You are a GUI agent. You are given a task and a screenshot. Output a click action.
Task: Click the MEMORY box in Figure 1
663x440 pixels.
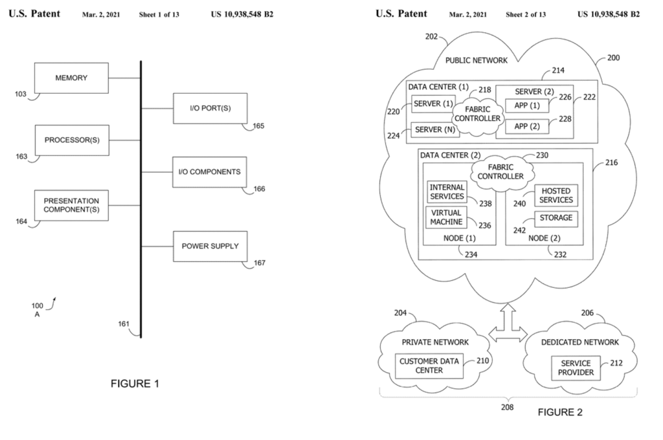click(x=71, y=78)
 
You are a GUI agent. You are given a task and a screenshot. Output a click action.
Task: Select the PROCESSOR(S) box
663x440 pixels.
click(x=71, y=140)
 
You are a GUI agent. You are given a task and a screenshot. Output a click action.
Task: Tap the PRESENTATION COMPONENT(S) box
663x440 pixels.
click(x=71, y=206)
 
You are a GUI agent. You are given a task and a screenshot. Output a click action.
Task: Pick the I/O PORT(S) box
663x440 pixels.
click(x=210, y=108)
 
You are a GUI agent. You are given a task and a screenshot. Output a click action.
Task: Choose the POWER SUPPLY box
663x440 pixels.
click(x=210, y=246)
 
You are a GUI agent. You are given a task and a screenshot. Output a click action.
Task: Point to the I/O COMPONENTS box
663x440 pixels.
click(x=210, y=172)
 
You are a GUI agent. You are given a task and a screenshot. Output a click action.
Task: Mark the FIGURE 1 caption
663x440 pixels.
click(x=135, y=384)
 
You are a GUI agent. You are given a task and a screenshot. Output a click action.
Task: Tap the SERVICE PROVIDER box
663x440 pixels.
click(x=576, y=368)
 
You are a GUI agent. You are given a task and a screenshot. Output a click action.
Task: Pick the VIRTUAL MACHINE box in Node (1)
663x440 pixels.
click(x=445, y=217)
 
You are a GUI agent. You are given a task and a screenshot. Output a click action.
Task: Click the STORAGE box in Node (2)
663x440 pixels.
click(x=556, y=218)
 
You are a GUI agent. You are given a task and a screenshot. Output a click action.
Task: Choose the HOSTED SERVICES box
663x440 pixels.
click(x=556, y=196)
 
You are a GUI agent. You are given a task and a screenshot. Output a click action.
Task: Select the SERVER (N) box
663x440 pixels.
click(x=435, y=130)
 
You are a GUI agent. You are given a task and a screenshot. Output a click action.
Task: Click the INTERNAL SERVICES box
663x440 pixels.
click(x=447, y=192)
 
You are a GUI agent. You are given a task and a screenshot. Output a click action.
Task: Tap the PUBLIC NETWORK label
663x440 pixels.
click(x=477, y=60)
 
